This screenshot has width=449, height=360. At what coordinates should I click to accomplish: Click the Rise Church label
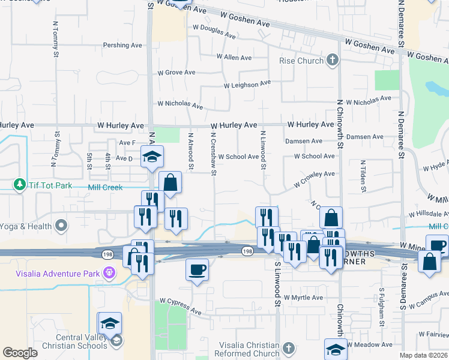(x=301, y=61)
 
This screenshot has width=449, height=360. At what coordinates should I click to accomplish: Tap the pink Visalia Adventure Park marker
(x=109, y=273)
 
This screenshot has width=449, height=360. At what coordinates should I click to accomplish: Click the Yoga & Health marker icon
(x=61, y=226)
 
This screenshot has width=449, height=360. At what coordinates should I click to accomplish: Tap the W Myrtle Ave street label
(x=303, y=298)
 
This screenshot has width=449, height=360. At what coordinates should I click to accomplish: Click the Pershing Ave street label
(x=122, y=45)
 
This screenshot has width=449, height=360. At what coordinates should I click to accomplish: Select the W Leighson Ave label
(x=247, y=85)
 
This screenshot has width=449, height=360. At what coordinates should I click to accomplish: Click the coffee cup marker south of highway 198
(x=197, y=269)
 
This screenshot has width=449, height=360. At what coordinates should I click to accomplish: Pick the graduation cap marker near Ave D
(x=152, y=157)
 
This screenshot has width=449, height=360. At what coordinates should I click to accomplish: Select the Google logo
(x=20, y=353)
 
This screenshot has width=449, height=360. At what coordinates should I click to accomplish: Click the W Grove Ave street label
(x=176, y=73)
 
